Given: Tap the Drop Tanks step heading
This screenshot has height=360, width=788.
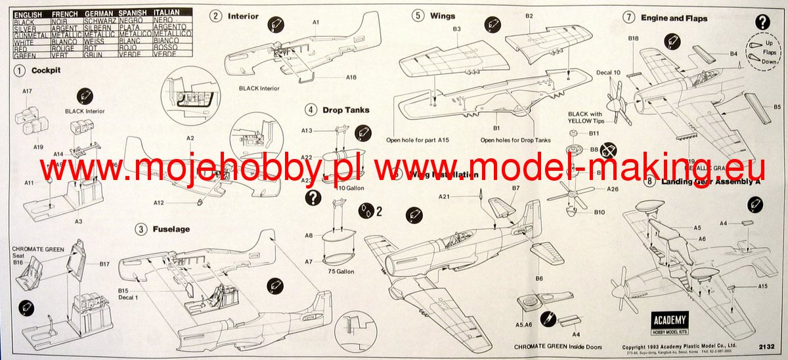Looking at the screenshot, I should pos(345,110).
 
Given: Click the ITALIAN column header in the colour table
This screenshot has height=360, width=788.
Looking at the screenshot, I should pos(166,13).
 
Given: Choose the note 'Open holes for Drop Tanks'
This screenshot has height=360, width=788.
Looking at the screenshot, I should pos(515,140).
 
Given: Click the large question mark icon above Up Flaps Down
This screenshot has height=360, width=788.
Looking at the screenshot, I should pos(762,22).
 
